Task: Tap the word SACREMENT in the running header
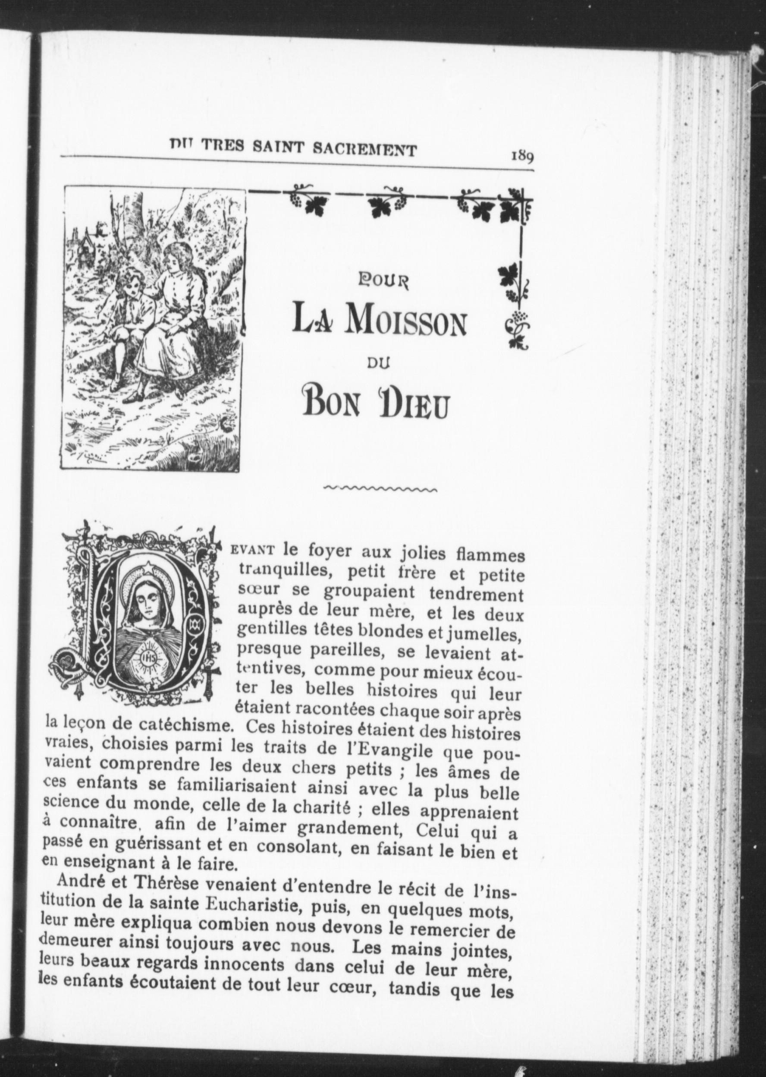coord(365,150)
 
